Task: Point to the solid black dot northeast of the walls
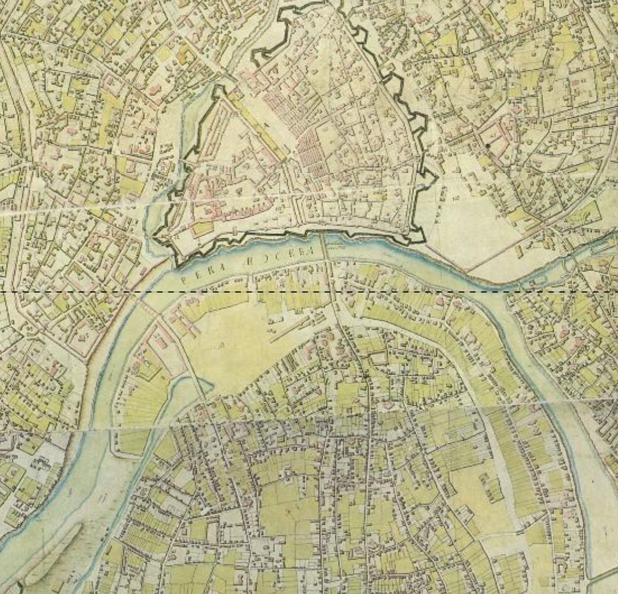click(488, 146)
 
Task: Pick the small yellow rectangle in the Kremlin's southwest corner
click(202, 227)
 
